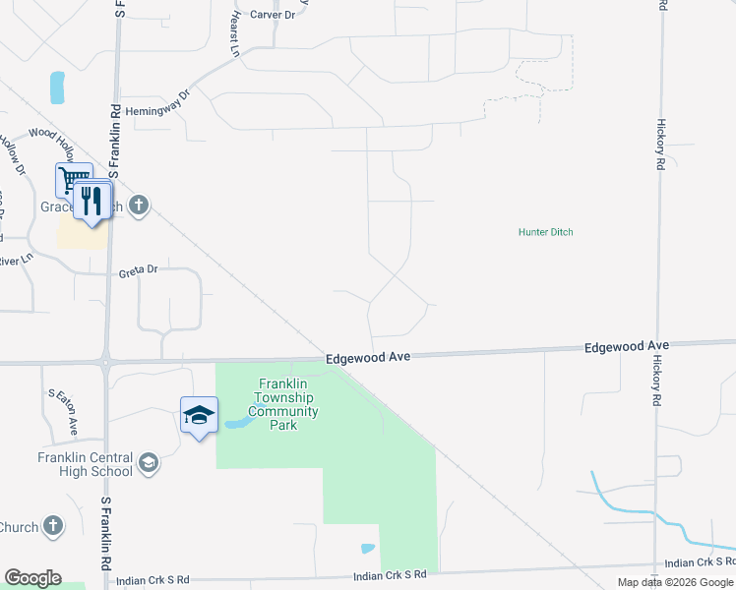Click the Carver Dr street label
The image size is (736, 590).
pyautogui.click(x=273, y=15)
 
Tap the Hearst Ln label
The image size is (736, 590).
pyautogui.click(x=235, y=35)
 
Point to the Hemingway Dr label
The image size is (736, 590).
pyautogui.click(x=156, y=103)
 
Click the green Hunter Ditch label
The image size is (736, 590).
pyautogui.click(x=545, y=232)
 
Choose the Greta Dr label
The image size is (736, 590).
pyautogui.click(x=138, y=269)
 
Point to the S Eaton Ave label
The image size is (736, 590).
pyautogui.click(x=61, y=412)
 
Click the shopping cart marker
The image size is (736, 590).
pyautogui.click(x=73, y=181)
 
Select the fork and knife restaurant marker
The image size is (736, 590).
pyautogui.click(x=92, y=201)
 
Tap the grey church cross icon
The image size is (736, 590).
pyautogui.click(x=139, y=205)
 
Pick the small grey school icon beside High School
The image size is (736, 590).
pyautogui.click(x=148, y=463)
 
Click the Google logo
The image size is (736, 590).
pyautogui.click(x=32, y=578)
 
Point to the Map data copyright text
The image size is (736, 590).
pyautogui.click(x=676, y=582)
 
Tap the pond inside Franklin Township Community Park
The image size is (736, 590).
pyautogui.click(x=235, y=423)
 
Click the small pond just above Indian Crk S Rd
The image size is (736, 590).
pyautogui.click(x=367, y=549)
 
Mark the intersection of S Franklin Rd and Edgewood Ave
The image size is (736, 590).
pyautogui.click(x=105, y=362)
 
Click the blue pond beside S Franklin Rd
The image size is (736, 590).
pyautogui.click(x=57, y=88)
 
